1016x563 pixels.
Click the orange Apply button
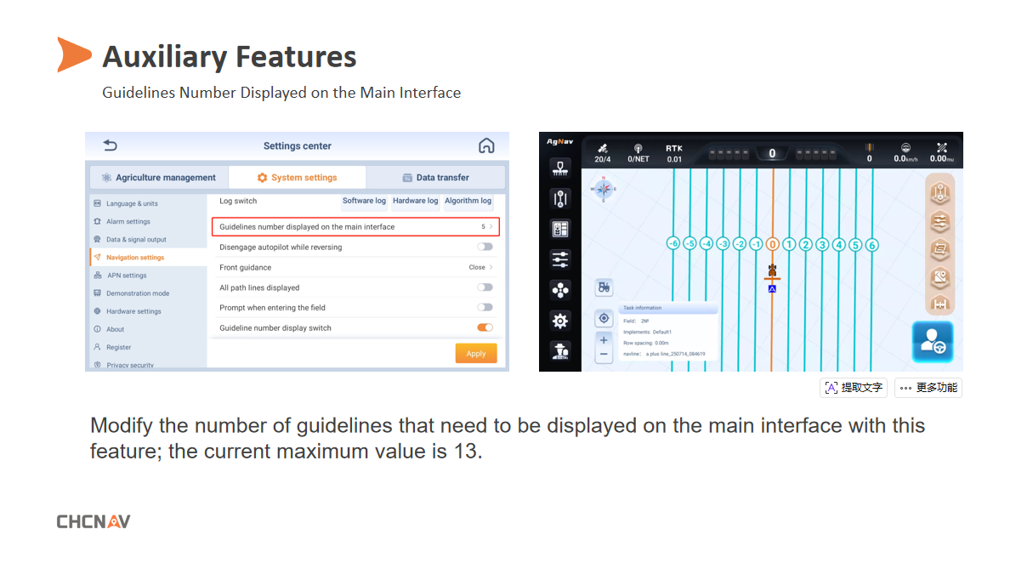[475, 354]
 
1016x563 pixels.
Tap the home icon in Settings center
[486, 145]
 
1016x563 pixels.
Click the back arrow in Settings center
[110, 145]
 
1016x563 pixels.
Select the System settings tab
[298, 178]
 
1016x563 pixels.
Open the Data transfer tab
[435, 178]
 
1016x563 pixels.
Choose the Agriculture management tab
[158, 178]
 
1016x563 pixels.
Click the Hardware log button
[415, 202]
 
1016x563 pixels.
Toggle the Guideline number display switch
[485, 327]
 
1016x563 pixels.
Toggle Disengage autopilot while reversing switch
[485, 247]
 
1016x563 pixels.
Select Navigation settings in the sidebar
[135, 257]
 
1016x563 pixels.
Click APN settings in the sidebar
[127, 276]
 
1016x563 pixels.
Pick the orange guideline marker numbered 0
[772, 245]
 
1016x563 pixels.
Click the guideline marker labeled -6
[673, 245]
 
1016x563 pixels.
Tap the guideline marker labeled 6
[871, 245]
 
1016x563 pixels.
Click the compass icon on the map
[604, 189]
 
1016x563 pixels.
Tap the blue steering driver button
[933, 342]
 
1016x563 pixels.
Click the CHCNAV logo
[94, 521]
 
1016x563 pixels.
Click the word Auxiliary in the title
[164, 57]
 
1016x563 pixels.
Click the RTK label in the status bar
[674, 148]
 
